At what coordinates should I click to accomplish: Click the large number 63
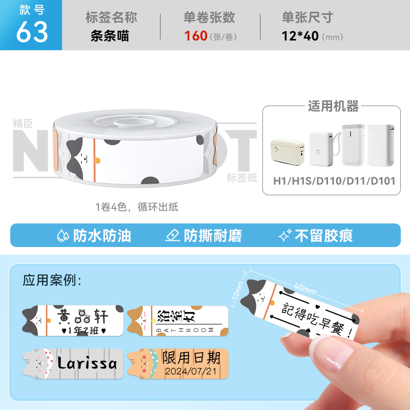pos(32,32)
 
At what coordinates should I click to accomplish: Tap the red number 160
pos(196,36)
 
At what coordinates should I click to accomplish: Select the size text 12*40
pos(300,36)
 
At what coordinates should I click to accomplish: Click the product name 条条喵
pos(110,36)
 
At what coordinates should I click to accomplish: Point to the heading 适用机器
pos(333,106)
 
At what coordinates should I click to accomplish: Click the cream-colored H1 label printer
pos(288,152)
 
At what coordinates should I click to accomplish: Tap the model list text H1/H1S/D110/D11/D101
pos(334,181)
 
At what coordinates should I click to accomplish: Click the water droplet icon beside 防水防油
pos(63,235)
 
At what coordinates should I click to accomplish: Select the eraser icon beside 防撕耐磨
pos(173,235)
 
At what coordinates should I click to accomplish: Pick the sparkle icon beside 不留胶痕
pos(285,235)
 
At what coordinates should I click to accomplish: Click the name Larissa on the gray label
pos(87,363)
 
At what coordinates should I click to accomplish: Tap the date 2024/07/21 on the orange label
pos(191,371)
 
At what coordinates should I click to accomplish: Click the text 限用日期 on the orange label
pos(191,357)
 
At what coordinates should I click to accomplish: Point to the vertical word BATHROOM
pos(184,330)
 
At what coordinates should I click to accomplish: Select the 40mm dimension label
pos(305,289)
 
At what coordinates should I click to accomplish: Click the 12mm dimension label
pos(238,290)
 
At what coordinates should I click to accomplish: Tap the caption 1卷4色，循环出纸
pos(137,207)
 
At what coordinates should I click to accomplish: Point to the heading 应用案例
pos(52,280)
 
